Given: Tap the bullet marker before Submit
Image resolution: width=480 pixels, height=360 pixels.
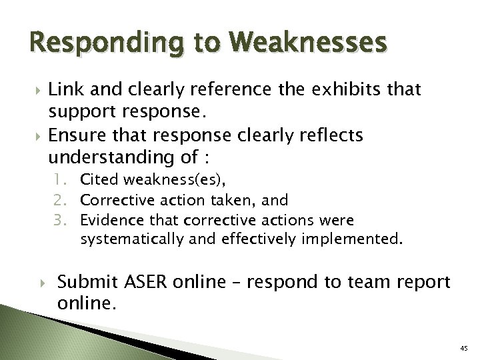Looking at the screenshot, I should (x=45, y=283).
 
